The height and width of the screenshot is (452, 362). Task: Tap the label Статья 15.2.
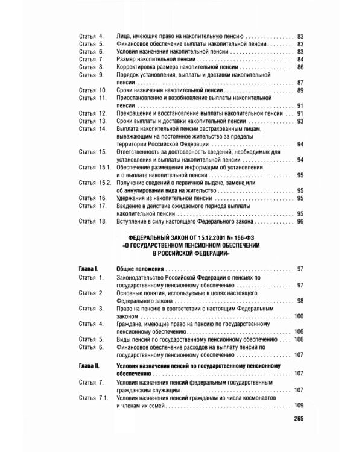click(94, 183)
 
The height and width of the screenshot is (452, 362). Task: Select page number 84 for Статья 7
click(300, 60)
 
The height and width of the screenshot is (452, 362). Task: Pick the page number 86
click(300, 67)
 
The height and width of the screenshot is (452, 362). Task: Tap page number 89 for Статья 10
click(300, 90)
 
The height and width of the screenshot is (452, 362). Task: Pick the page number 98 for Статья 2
click(300, 300)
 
